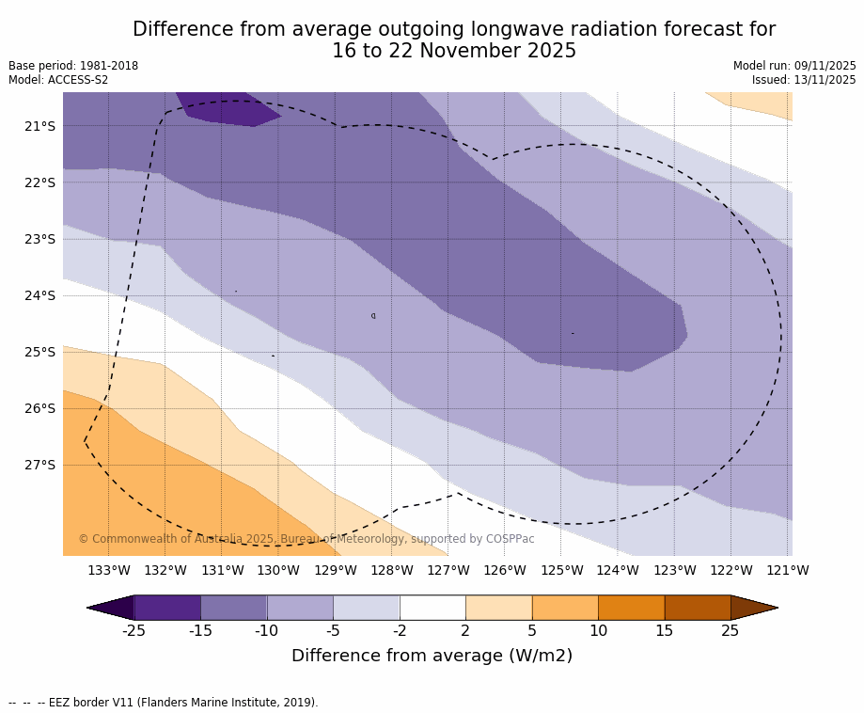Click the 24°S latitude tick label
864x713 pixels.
[x=39, y=295]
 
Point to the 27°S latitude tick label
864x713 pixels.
[x=39, y=465]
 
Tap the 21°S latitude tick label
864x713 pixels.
[x=39, y=126]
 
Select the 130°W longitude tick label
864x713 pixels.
[x=278, y=570]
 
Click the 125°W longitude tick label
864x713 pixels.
[x=561, y=570]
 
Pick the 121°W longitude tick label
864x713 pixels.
[x=787, y=570]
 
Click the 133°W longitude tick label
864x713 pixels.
[x=109, y=570]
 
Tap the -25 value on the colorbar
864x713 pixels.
[x=134, y=630]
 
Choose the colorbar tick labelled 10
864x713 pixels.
[x=598, y=630]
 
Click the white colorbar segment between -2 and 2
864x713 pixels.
[x=432, y=608]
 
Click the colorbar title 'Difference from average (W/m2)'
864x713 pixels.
[x=432, y=656]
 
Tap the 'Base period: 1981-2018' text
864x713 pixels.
[x=73, y=66]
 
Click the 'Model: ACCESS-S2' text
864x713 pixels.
[x=58, y=80]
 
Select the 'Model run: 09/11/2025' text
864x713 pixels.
[x=794, y=66]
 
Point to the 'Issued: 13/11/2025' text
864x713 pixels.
[x=804, y=80]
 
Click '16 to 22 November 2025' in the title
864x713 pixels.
[x=454, y=52]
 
